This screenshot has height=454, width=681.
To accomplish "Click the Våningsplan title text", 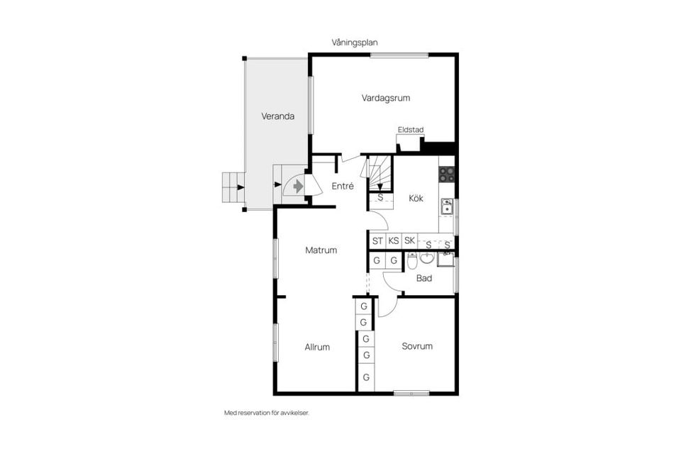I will click(355, 43).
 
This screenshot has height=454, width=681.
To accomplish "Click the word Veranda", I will click(277, 116).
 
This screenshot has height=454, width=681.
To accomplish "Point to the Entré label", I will click(343, 186).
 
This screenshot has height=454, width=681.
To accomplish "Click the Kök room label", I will click(416, 199).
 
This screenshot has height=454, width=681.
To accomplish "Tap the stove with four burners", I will click(446, 173).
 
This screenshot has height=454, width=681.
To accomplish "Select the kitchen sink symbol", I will click(447, 206).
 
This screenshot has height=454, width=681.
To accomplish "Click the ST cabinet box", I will click(377, 241).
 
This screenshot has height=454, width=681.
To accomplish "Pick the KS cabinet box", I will click(393, 241).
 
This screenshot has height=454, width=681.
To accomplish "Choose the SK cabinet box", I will click(409, 241).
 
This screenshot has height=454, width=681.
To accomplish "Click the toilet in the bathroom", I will click(412, 263).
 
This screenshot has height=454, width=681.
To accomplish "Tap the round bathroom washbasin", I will click(427, 257).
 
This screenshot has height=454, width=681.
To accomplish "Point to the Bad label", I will click(424, 278).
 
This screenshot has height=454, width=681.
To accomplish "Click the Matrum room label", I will click(321, 250).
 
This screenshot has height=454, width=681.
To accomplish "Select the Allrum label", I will click(317, 347).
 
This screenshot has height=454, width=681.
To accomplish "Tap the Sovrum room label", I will click(417, 346).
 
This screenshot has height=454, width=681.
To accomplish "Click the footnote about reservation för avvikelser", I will click(267, 412).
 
